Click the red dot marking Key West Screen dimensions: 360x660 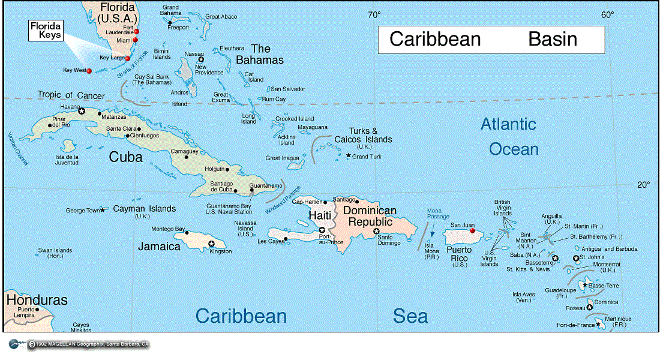(89, 71)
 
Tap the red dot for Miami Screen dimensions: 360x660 (135, 40)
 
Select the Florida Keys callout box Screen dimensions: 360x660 (47, 31)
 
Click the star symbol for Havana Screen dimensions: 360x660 (82, 111)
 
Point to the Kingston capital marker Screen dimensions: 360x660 (211, 244)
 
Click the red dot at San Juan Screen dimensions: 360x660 (473, 230)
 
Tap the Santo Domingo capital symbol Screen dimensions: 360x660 (376, 232)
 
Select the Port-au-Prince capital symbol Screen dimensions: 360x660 (322, 230)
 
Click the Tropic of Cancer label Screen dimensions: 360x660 (71, 95)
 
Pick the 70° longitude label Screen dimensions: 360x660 (374, 14)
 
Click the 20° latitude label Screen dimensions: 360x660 (643, 184)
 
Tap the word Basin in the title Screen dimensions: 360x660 (553, 40)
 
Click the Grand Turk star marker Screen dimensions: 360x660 (349, 155)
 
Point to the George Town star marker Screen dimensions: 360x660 (103, 210)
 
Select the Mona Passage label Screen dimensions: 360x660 (434, 214)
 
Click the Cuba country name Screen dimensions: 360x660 (125, 157)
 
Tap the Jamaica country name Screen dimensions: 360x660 (159, 247)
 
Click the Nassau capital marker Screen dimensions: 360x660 (201, 59)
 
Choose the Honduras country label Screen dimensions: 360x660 (36, 300)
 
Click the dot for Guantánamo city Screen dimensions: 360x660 (252, 190)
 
